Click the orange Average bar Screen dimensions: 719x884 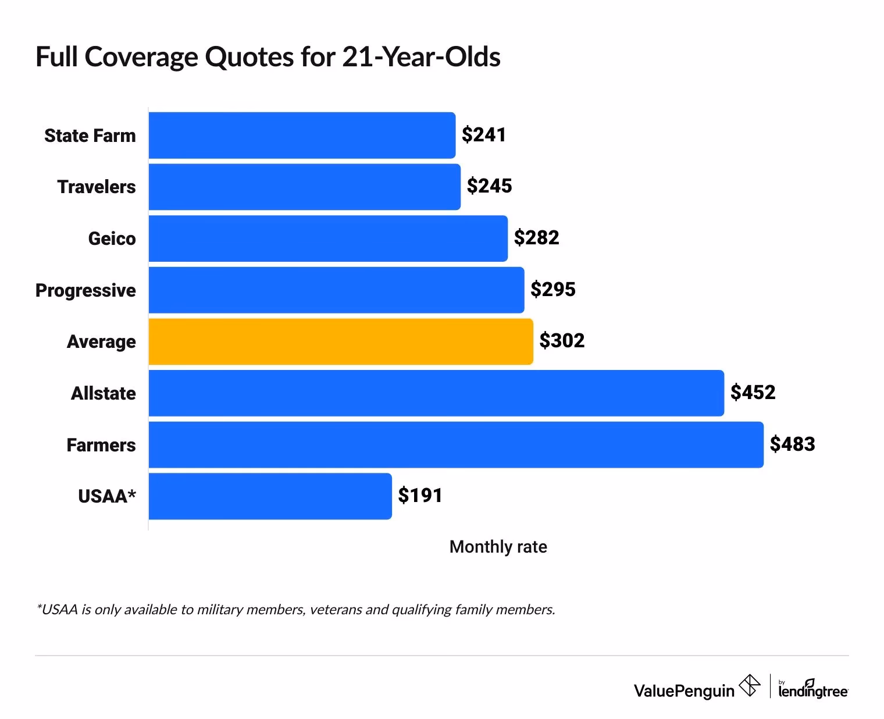[341, 341]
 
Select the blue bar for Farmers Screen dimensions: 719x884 [456, 444]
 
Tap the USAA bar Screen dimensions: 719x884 [270, 496]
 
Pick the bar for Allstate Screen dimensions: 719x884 [436, 393]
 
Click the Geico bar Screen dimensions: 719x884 [328, 239]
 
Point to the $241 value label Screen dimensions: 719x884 [484, 135]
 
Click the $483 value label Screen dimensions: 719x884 [792, 444]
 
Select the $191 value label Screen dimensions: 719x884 [420, 496]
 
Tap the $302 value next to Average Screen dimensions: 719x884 [561, 341]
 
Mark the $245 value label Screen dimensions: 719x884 [489, 186]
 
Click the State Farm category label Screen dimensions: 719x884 [90, 136]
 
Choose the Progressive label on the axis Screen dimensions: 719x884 [85, 290]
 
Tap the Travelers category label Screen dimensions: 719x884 [97, 187]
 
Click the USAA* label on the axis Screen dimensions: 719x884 [107, 496]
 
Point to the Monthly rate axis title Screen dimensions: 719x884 [498, 547]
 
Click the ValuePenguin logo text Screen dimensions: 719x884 [684, 690]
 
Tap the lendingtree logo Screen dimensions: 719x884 [813, 689]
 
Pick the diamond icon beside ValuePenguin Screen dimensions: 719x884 [749, 685]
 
